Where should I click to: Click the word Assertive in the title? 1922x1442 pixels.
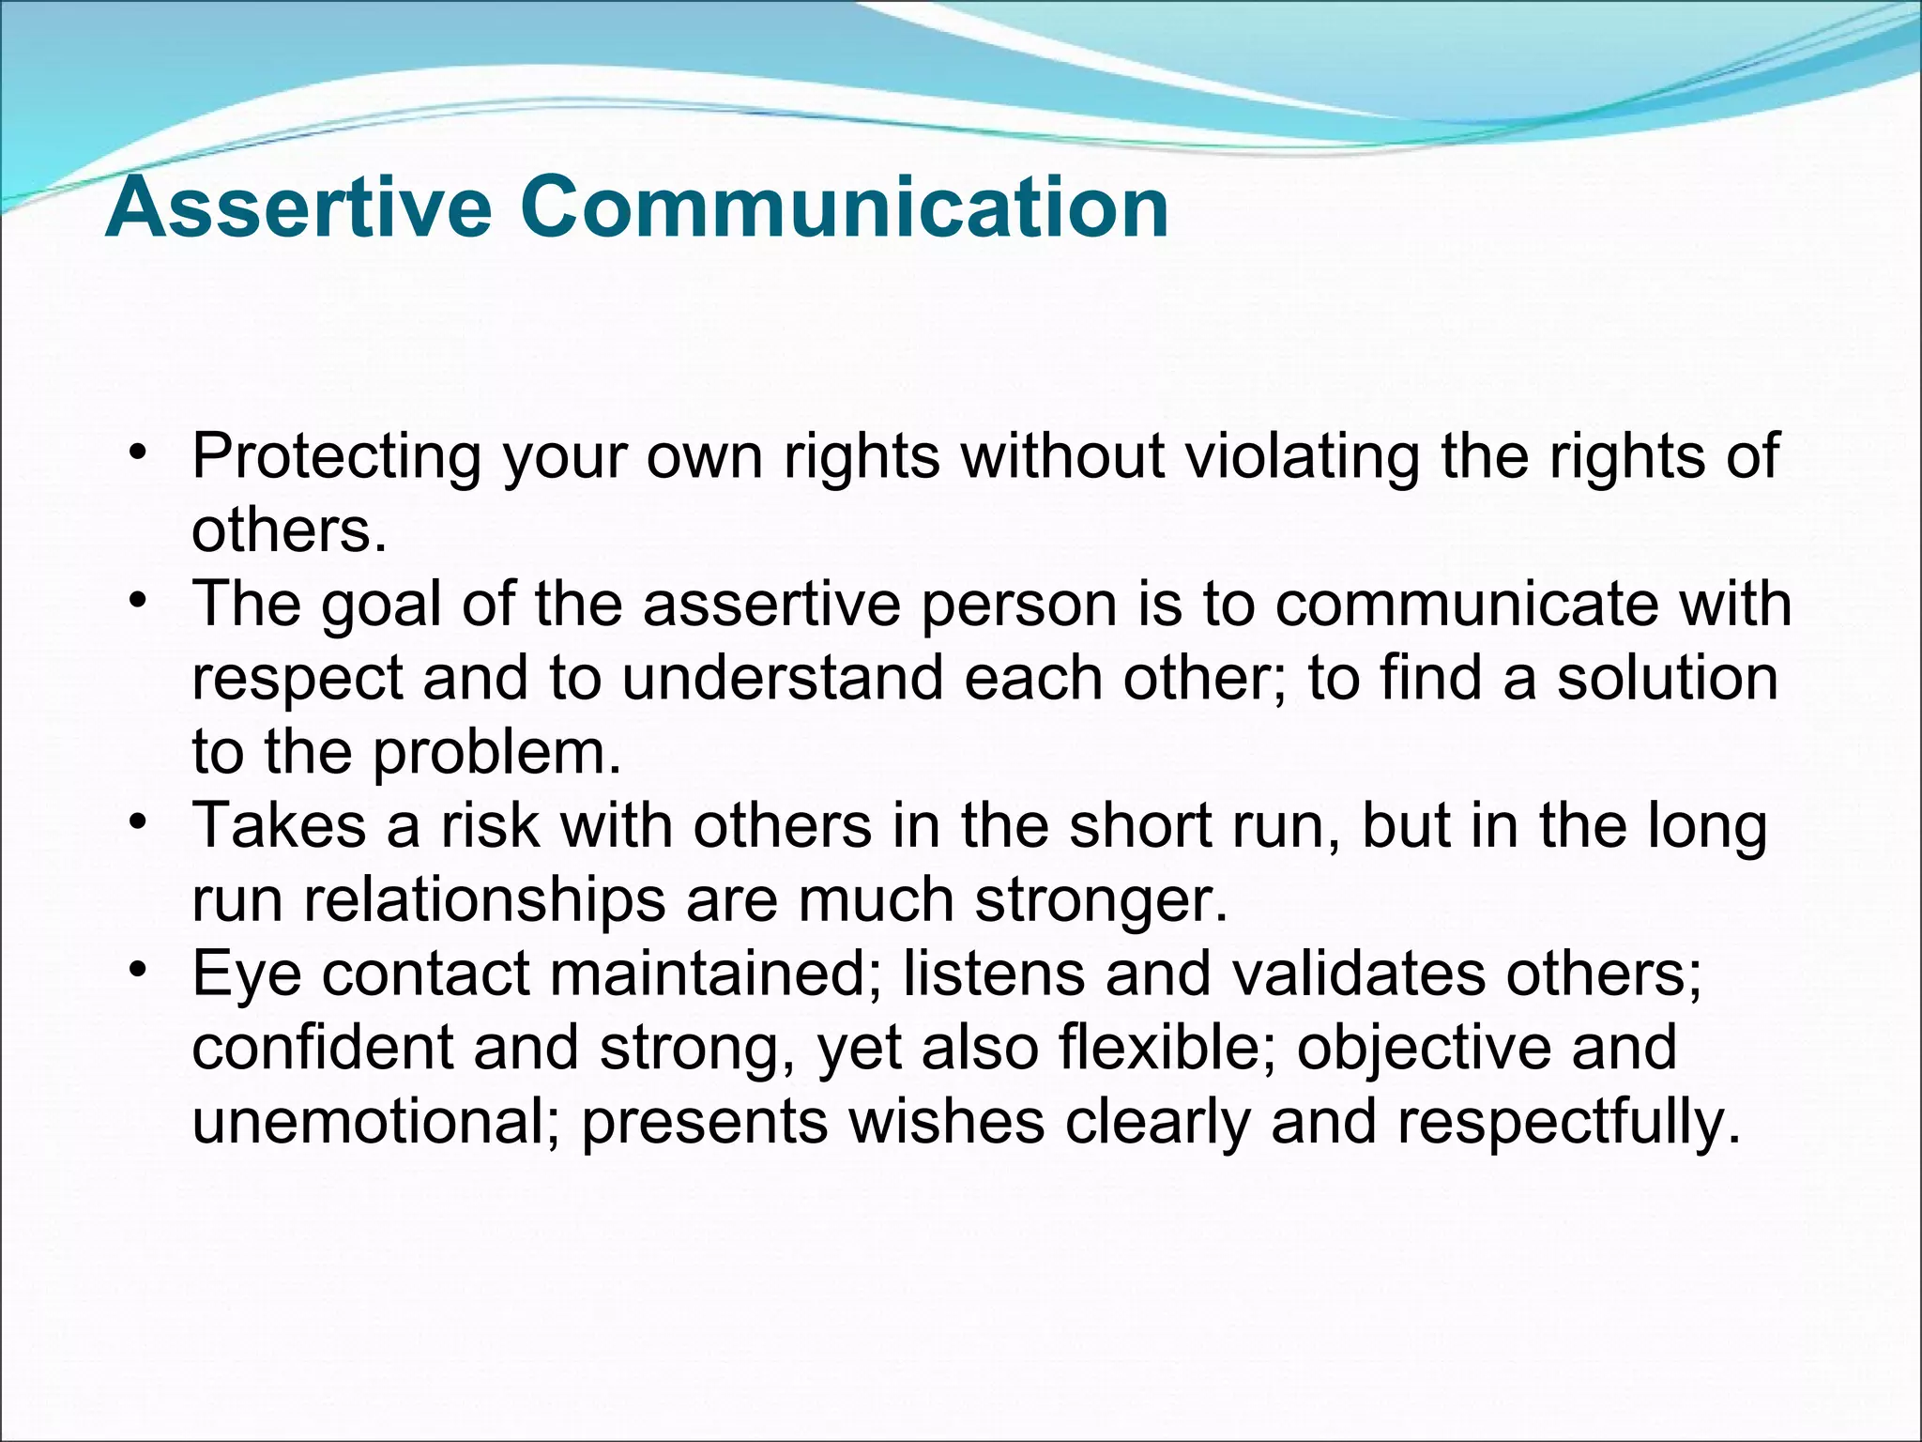[x=298, y=207]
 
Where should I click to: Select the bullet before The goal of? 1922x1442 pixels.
[x=139, y=600]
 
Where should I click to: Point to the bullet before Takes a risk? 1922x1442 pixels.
[x=139, y=822]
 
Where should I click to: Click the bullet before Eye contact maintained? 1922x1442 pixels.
[x=139, y=969]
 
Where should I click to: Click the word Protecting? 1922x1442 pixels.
[x=336, y=457]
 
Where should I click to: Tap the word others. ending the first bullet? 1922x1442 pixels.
[x=289, y=531]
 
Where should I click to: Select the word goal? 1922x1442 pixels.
[x=380, y=606]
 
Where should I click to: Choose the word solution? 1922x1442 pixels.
[x=1668, y=678]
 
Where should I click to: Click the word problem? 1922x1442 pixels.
[x=497, y=754]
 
